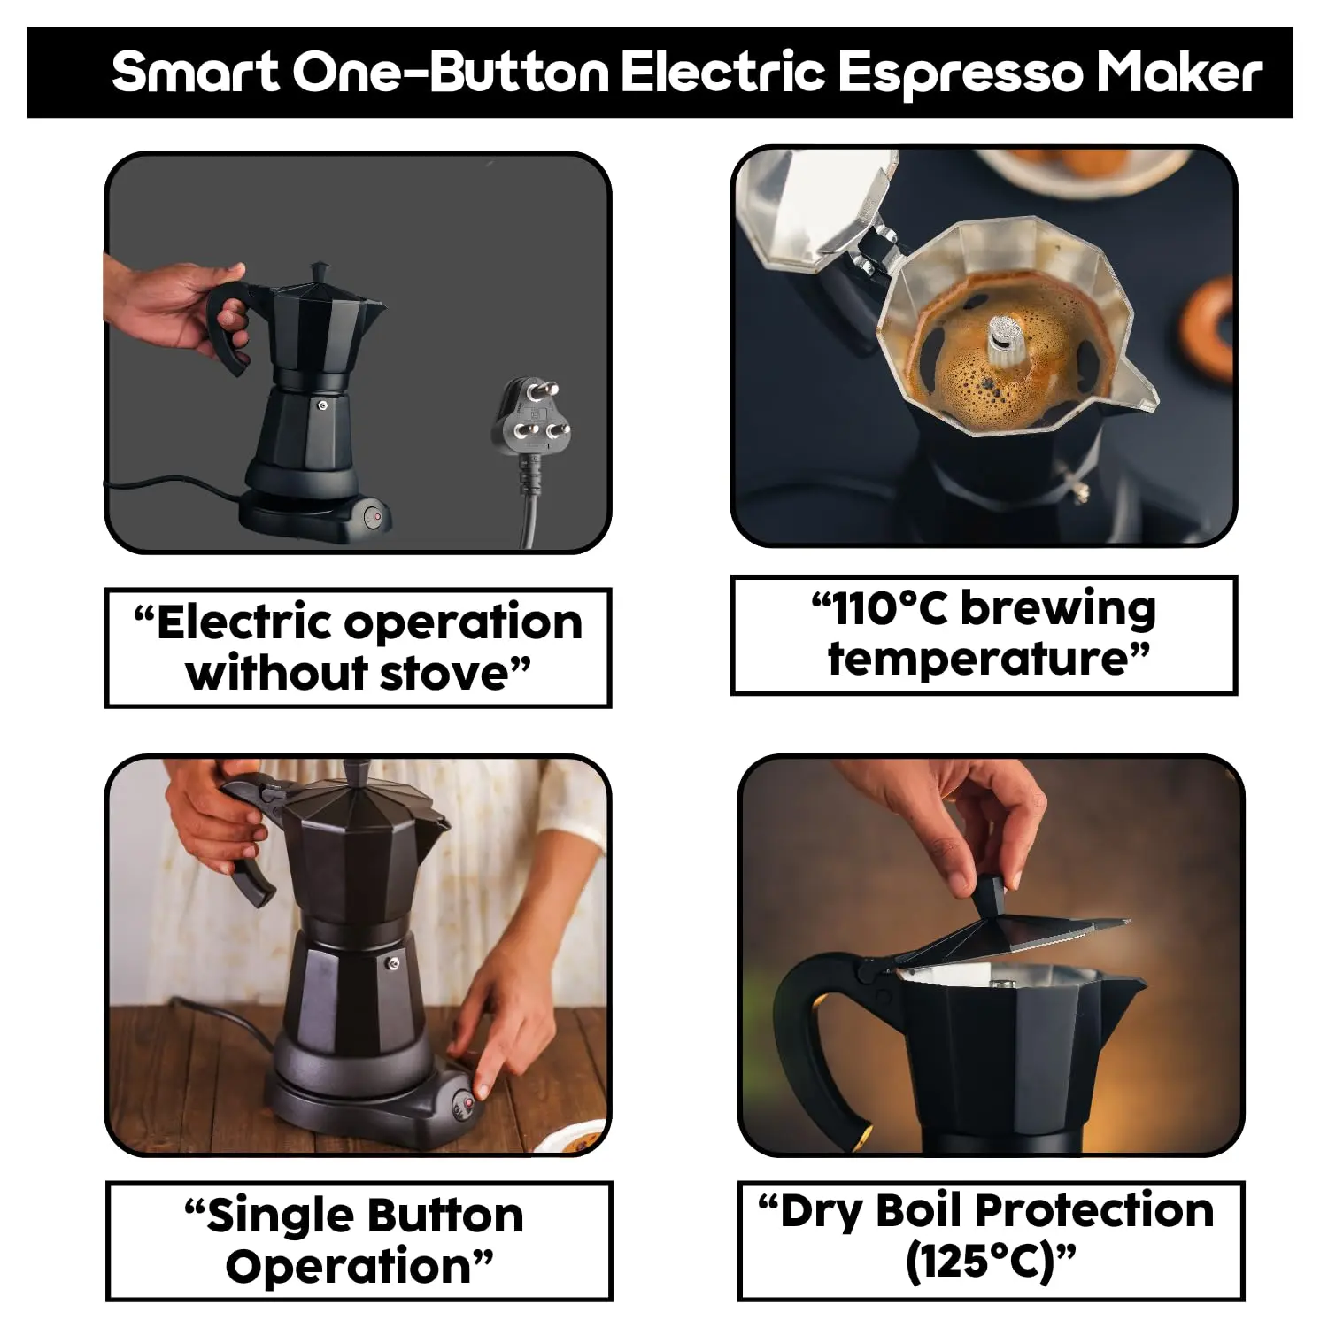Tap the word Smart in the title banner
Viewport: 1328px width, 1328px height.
coord(196,73)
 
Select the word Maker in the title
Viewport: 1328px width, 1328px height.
coord(1180,73)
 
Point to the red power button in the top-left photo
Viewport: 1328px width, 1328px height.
coord(376,515)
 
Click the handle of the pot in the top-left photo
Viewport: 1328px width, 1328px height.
coord(228,328)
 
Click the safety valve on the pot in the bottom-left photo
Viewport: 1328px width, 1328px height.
coord(392,964)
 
